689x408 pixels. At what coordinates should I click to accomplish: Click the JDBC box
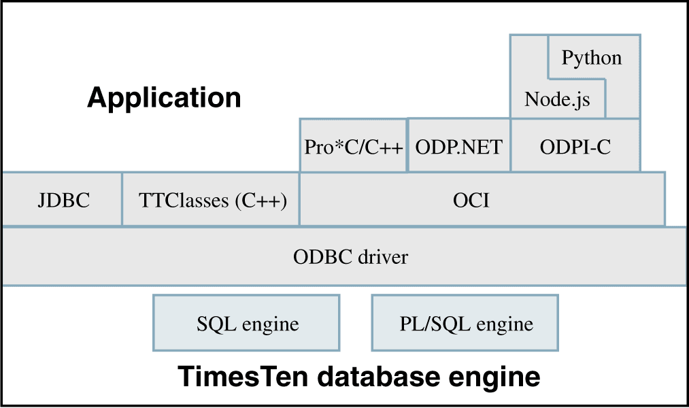63,201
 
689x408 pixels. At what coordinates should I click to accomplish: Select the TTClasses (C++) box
211,201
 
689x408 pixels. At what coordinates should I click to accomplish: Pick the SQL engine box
247,324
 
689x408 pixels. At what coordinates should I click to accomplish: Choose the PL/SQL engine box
465,324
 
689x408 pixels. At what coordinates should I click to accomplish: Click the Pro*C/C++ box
354,147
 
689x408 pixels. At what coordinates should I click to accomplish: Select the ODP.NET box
458,147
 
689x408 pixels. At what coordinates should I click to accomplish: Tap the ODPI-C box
575,147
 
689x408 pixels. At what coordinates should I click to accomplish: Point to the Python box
592,58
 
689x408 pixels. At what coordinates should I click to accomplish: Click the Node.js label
557,101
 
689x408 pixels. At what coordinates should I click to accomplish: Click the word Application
164,98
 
